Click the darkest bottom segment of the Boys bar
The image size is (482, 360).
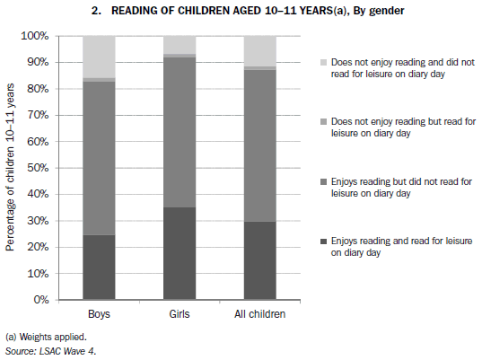99,267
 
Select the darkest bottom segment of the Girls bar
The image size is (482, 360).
180,253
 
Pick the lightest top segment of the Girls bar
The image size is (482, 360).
180,45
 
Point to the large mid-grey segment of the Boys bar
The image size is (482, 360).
99,158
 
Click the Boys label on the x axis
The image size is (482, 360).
99,315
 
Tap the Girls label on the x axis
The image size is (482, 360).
180,315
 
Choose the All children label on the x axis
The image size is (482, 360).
259,315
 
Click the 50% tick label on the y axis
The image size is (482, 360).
38,168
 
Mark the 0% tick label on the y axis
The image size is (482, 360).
40,300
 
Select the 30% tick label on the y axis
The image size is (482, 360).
38,221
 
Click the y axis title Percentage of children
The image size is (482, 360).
11,167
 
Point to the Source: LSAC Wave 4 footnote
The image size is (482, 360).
51,350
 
